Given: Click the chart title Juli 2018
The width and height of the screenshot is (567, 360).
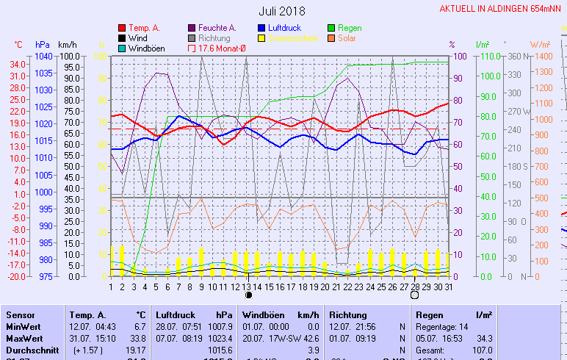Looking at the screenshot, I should coord(282,11).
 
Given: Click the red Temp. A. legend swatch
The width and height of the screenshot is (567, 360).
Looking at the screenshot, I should coord(121,28).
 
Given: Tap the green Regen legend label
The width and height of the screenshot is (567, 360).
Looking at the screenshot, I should coord(350,28).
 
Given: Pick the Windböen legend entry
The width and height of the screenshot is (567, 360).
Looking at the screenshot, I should coord(145,48).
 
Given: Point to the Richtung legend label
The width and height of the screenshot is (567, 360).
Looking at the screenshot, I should coord(214,38).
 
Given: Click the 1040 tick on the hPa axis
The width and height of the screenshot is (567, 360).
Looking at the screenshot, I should coord(43,56).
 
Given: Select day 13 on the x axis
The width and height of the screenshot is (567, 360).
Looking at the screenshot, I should coord(248,287).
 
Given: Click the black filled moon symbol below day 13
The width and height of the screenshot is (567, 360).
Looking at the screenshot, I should coord(248,295).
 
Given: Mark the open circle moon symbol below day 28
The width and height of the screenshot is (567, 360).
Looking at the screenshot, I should coord(414,295).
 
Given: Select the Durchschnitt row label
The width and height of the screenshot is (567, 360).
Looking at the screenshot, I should coord(32,350).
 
